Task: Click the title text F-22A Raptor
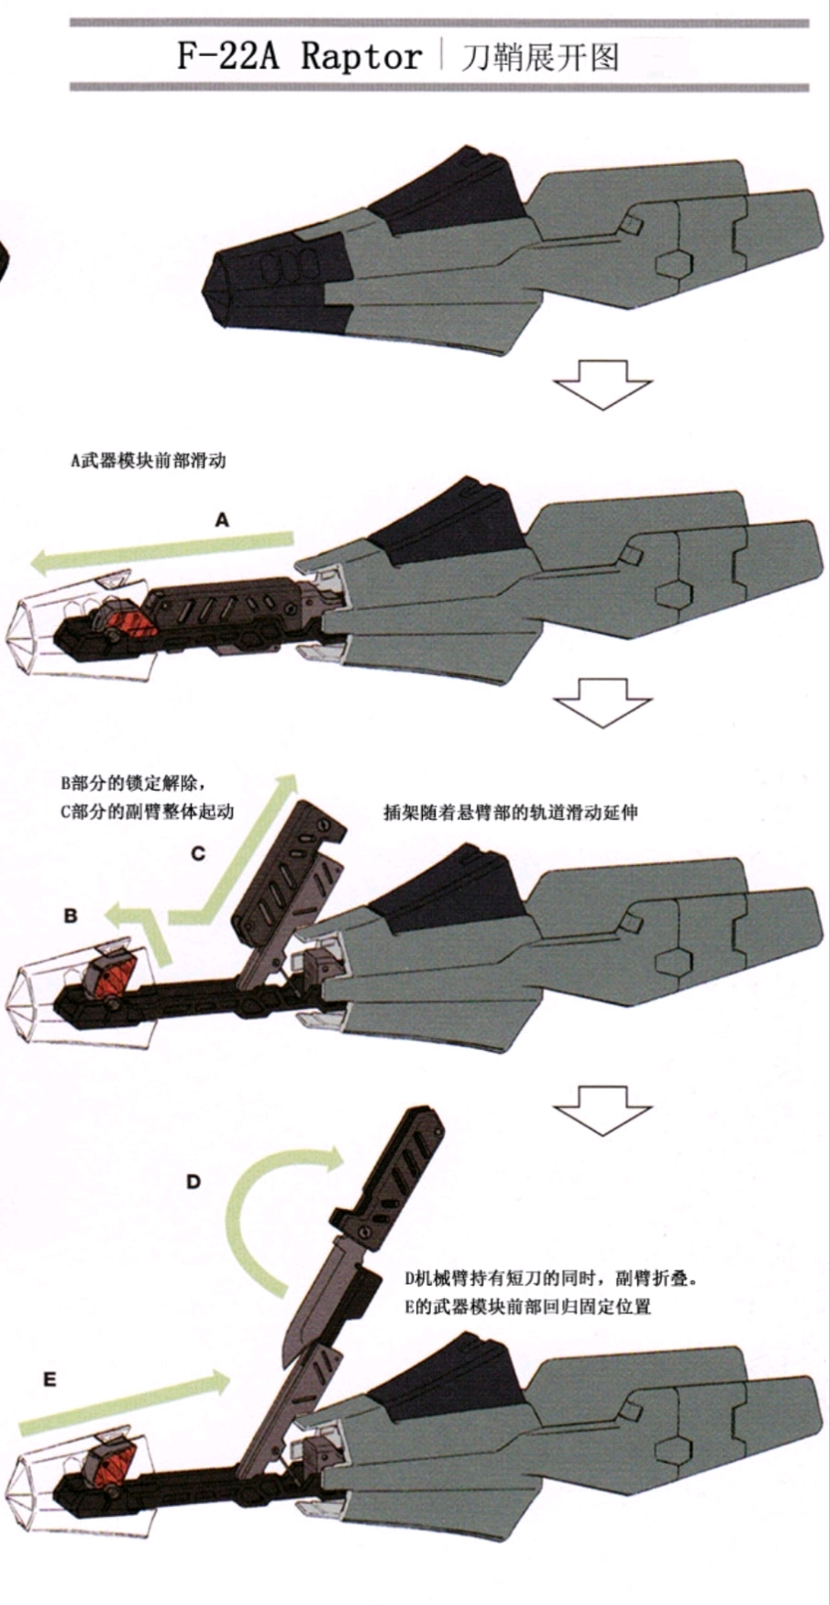(x=299, y=57)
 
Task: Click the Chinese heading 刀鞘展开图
(x=540, y=58)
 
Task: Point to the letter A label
(x=222, y=520)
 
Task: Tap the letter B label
(x=71, y=914)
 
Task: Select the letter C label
(x=198, y=854)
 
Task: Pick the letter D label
(x=193, y=1181)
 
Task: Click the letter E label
(x=50, y=1379)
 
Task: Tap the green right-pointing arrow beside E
(x=124, y=1400)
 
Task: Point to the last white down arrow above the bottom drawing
(x=603, y=1110)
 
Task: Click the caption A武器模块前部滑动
(x=149, y=460)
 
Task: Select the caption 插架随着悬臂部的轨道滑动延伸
(x=511, y=812)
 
